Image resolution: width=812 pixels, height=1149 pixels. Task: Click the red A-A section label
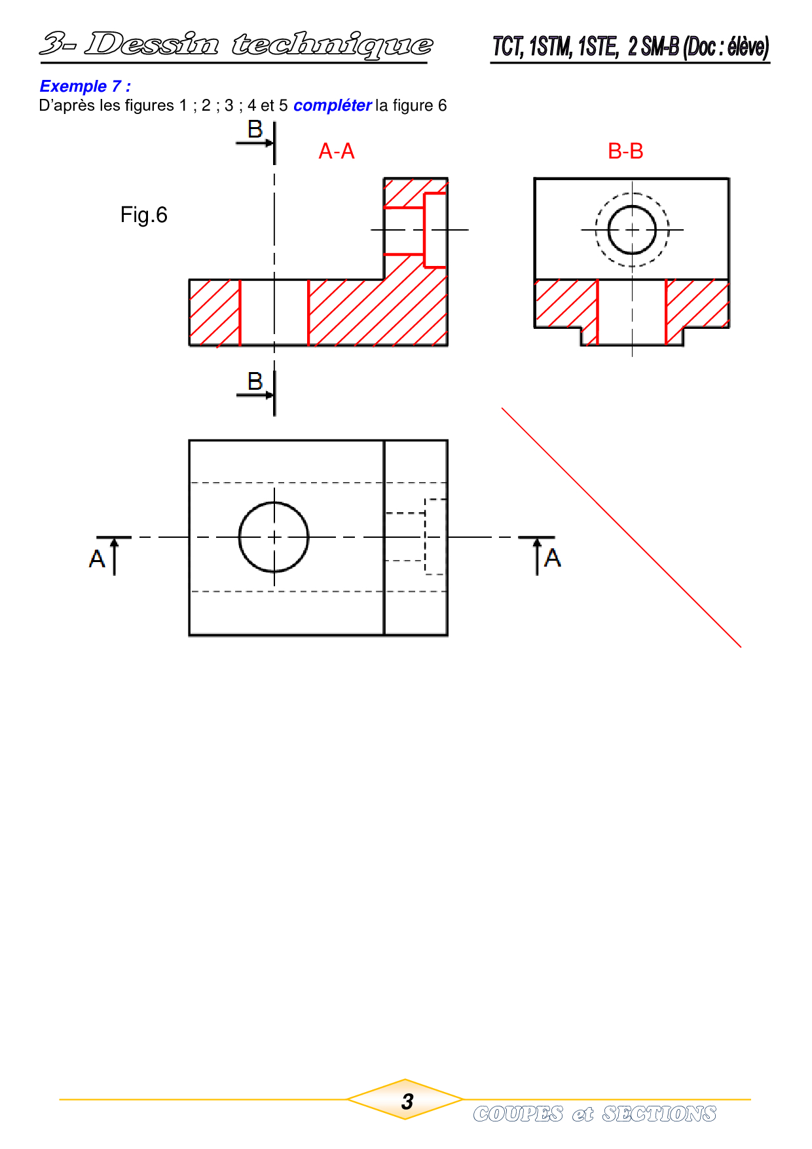tap(337, 151)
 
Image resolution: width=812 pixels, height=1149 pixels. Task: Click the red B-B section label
tap(625, 151)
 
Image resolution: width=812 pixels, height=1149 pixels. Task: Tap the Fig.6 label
tap(143, 215)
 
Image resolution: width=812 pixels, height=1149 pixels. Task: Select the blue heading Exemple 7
tap(85, 86)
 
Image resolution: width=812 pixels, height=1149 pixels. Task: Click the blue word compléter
tap(333, 105)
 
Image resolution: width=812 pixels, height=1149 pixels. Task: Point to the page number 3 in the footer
tap(407, 1102)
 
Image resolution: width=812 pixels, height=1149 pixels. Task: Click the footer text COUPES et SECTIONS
tap(595, 1114)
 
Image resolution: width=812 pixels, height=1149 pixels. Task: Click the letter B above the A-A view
tap(255, 129)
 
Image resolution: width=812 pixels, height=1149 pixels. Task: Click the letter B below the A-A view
tap(255, 381)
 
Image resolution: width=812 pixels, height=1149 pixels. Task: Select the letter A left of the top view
tap(97, 559)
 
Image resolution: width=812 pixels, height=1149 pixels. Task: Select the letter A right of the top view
tap(553, 558)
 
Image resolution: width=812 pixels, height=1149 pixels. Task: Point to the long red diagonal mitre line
tap(621, 527)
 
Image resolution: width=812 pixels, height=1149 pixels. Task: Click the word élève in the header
tap(745, 47)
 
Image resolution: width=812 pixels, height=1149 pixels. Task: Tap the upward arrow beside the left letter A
tap(115, 557)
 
